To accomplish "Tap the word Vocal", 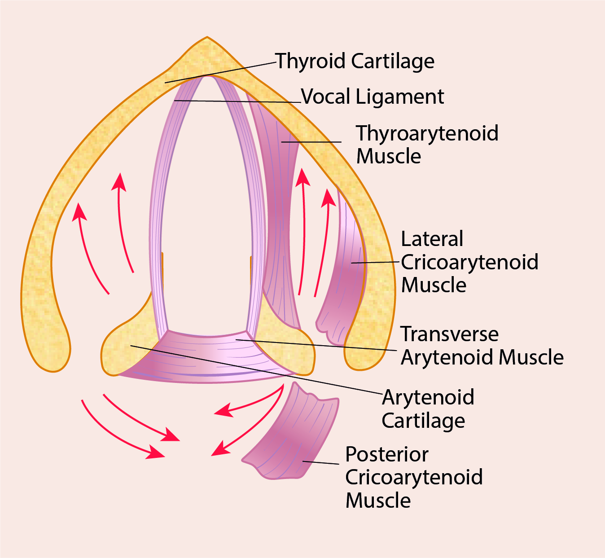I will click(x=326, y=97).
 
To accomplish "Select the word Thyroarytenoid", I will click(x=427, y=133).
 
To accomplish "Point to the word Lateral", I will click(x=432, y=239).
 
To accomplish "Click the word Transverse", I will click(x=449, y=334).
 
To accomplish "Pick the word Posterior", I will click(x=386, y=454).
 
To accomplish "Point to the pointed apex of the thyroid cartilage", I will click(x=207, y=43).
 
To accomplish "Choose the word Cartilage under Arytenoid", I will click(x=423, y=421).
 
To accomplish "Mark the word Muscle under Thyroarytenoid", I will click(x=388, y=157).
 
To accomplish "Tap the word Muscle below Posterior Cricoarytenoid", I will click(x=378, y=501).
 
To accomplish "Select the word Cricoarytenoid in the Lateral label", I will click(x=469, y=262).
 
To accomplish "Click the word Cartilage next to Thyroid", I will click(x=393, y=61).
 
